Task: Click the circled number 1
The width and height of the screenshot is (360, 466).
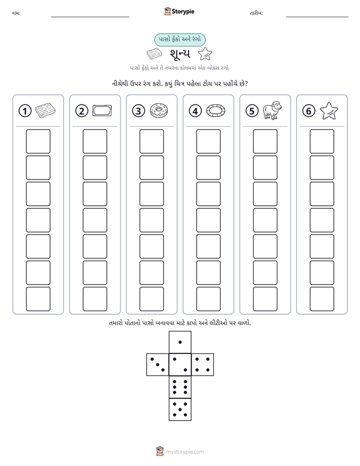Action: (25, 111)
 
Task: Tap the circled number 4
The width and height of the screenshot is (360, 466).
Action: (195, 111)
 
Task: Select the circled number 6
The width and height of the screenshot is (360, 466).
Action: (309, 111)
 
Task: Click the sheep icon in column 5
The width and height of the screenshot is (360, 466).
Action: (272, 110)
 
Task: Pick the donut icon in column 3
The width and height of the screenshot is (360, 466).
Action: (159, 110)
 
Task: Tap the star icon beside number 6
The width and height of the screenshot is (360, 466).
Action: (329, 110)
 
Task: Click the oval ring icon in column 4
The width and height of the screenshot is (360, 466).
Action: (216, 110)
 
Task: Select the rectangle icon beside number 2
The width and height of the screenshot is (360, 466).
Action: (102, 110)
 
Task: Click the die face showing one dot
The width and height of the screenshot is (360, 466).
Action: (180, 342)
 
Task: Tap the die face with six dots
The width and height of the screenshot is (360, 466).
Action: (180, 387)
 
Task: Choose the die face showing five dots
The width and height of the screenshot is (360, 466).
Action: (180, 410)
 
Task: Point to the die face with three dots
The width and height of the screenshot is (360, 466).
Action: (158, 364)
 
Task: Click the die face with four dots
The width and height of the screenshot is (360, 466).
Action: (203, 364)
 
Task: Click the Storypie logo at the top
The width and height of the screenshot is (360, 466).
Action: (179, 11)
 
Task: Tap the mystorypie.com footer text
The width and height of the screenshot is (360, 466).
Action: (185, 452)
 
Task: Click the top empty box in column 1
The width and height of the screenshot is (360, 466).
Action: (38, 141)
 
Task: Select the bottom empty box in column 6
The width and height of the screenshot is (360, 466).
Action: (322, 299)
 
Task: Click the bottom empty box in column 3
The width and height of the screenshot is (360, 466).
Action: (151, 299)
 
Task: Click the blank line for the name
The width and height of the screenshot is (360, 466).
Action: (90, 17)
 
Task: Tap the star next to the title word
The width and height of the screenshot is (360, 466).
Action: (205, 54)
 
